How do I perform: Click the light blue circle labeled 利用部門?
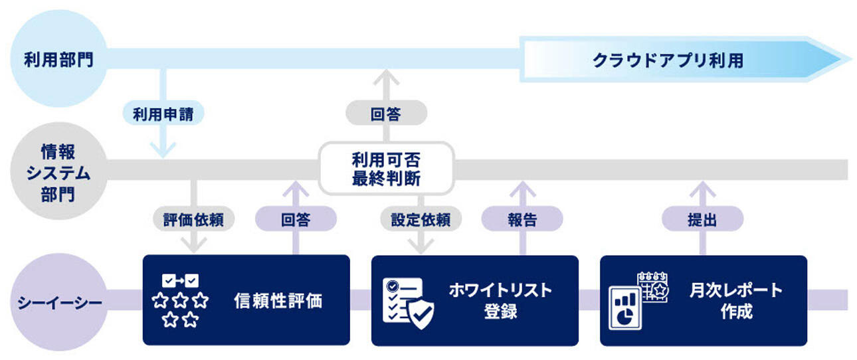click(x=58, y=60)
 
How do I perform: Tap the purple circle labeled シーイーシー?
click(x=58, y=302)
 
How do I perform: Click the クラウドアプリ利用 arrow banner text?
click(x=667, y=60)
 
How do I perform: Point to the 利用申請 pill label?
click(x=163, y=114)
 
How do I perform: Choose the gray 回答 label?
click(x=385, y=114)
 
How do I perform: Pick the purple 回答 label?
click(x=296, y=220)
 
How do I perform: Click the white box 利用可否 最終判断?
click(x=386, y=169)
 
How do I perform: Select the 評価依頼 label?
click(x=193, y=220)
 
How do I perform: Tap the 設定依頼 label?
click(x=421, y=220)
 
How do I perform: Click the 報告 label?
click(x=522, y=220)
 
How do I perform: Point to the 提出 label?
click(x=702, y=220)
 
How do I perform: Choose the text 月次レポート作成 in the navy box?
click(x=735, y=300)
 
